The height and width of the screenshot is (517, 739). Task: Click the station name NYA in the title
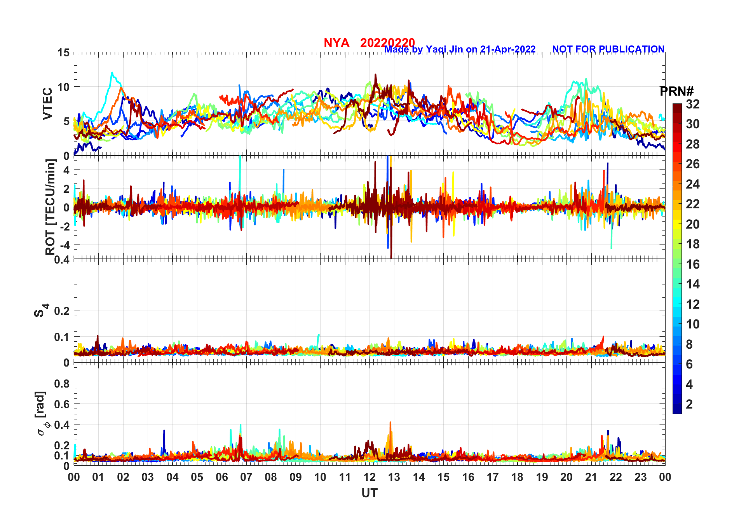click(336, 43)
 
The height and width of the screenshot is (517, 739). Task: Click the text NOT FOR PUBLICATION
click(608, 49)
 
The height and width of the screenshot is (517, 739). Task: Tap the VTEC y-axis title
click(47, 104)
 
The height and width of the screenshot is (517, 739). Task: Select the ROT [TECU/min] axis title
click(50, 207)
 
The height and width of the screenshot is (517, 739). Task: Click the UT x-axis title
click(369, 493)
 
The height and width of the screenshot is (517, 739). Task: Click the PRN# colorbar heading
click(676, 91)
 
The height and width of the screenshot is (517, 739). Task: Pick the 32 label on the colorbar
click(692, 104)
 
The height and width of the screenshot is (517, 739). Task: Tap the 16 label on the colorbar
click(692, 264)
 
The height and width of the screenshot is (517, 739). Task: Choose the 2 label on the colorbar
click(689, 404)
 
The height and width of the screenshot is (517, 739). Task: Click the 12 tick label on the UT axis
click(369, 477)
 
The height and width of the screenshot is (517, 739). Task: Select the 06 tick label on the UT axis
click(221, 477)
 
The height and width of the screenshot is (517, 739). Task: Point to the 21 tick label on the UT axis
click(591, 477)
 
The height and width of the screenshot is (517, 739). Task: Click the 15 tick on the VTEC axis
click(63, 53)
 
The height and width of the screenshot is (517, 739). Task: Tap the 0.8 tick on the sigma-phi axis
click(62, 384)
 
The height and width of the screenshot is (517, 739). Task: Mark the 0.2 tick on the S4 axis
click(62, 311)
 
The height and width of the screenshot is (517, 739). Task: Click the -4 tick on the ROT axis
click(64, 245)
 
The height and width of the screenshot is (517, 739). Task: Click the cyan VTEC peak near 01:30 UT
click(112, 73)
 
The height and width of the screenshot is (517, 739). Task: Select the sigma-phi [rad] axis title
click(41, 414)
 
